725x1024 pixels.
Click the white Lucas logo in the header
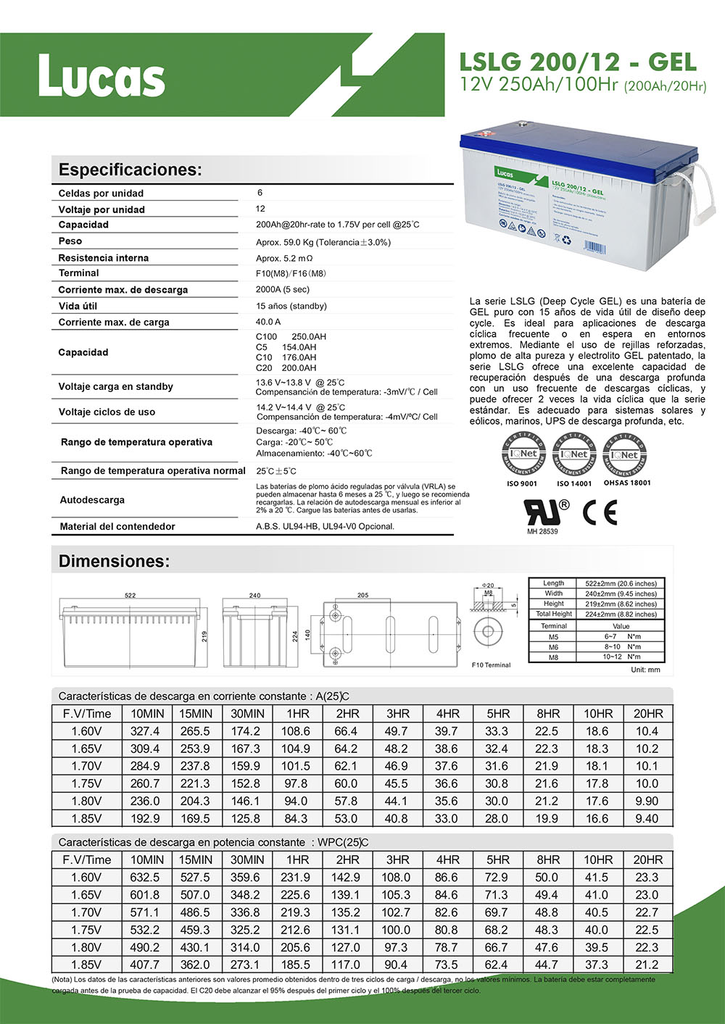[x=101, y=75]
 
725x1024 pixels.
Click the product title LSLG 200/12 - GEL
[x=578, y=62]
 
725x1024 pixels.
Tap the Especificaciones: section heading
[x=130, y=170]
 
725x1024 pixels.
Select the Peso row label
[x=70, y=241]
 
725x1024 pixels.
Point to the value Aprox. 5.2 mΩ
[x=284, y=258]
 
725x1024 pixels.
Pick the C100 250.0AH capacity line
[x=291, y=337]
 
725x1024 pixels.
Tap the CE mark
[x=600, y=512]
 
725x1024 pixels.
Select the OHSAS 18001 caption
[x=627, y=483]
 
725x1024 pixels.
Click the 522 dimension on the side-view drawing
[x=130, y=595]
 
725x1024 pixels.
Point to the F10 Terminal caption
[x=491, y=665]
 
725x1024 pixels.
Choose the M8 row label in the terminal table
[x=553, y=657]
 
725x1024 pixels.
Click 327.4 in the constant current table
[x=145, y=731]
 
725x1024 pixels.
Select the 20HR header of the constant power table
[x=647, y=859]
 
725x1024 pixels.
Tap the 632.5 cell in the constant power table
[x=145, y=877]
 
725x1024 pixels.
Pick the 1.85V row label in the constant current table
[x=86, y=818]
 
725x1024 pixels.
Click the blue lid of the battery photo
[x=580, y=145]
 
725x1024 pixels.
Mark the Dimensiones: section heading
[x=114, y=561]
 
